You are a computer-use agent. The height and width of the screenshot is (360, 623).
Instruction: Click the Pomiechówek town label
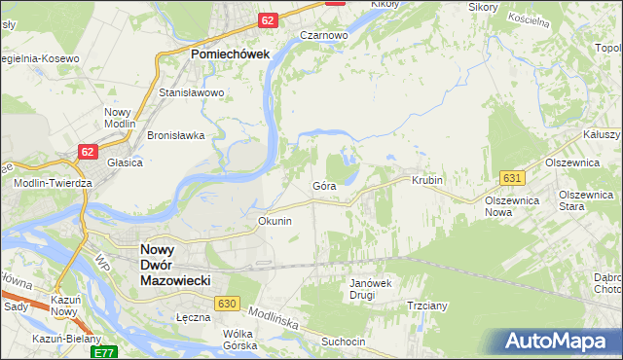click(230, 54)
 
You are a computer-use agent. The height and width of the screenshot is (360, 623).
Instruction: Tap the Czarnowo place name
click(324, 35)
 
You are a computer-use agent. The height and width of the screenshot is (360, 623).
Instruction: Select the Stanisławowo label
click(192, 93)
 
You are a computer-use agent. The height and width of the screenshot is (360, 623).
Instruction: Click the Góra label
click(324, 184)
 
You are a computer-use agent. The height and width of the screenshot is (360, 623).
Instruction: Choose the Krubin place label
click(427, 181)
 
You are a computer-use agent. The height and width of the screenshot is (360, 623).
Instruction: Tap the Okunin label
click(275, 221)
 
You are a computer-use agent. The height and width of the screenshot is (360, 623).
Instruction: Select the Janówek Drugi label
click(369, 289)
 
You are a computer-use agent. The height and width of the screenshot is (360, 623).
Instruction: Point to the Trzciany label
click(426, 306)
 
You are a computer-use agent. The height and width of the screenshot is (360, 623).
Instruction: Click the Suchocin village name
click(343, 342)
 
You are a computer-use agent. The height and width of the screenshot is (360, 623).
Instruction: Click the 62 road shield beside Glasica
click(89, 151)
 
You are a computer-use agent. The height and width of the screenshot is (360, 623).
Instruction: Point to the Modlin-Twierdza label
click(59, 183)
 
